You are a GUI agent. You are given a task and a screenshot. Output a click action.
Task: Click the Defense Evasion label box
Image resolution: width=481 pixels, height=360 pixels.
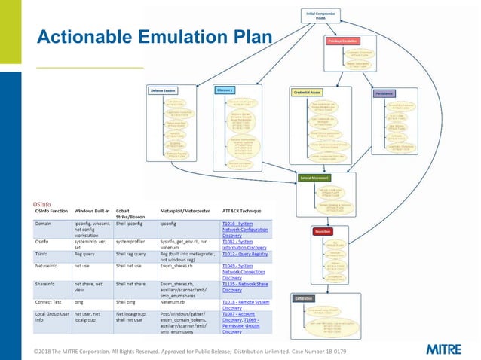(163, 90)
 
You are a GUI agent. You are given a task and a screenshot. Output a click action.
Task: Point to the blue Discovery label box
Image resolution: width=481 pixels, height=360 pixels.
(225, 90)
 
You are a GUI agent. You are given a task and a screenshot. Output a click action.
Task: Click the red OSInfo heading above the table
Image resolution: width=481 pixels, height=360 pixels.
(42, 204)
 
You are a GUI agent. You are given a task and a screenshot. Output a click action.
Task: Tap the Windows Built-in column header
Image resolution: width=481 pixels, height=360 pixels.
(94, 213)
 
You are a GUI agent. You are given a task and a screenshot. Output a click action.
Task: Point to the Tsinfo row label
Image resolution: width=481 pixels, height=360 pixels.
(43, 255)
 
